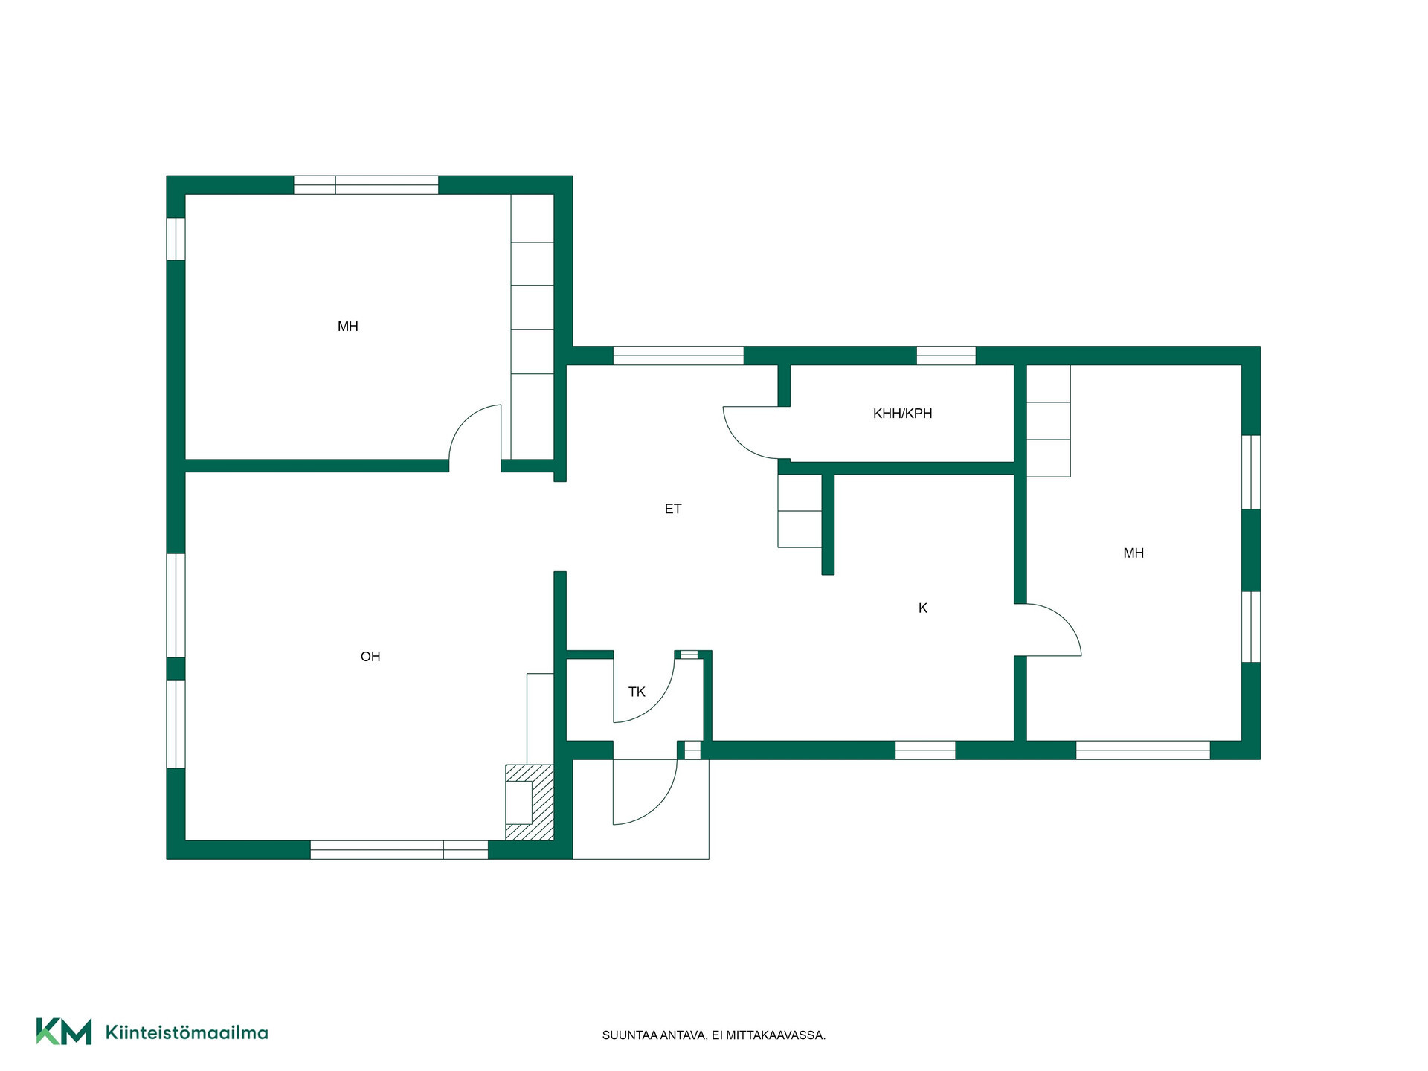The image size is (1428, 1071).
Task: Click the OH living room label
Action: [370, 657]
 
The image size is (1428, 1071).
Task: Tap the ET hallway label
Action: [673, 509]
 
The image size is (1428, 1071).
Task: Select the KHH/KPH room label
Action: [902, 414]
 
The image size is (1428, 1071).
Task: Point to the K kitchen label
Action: [923, 608]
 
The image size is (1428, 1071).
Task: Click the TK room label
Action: [637, 692]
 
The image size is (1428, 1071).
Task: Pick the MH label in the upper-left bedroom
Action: [348, 327]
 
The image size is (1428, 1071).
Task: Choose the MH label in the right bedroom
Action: [1133, 553]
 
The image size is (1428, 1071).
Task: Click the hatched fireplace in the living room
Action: [530, 803]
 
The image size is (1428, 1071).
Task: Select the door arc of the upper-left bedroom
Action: [464, 420]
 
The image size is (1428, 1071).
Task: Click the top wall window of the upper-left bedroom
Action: [366, 185]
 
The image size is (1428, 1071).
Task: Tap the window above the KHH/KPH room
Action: [946, 356]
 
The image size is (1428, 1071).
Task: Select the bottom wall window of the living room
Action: [399, 850]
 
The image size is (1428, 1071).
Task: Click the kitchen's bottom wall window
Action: [925, 750]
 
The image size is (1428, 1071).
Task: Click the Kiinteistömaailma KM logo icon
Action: [64, 1032]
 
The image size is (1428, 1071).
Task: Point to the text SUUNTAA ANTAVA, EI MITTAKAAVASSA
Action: [714, 1035]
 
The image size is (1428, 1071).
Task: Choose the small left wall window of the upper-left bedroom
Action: [176, 239]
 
